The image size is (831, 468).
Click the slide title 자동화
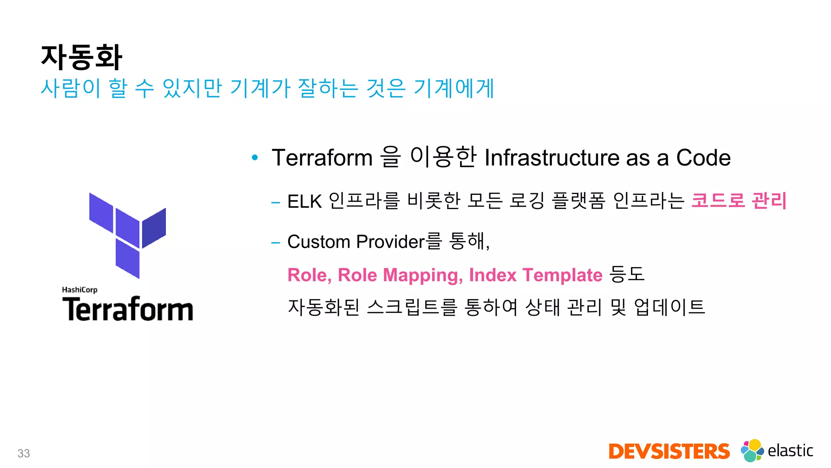pos(81,57)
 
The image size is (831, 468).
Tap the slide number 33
pos(24,453)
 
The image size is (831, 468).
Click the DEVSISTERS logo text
pos(669,452)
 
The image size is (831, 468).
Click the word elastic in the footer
pos(790,451)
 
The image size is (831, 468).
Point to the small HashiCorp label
pos(80,290)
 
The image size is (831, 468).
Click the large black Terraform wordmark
pos(127,309)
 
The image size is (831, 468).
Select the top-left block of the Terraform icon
pos(101,212)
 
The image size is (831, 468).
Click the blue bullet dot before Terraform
pos(255,157)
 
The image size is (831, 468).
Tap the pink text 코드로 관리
pos(738,201)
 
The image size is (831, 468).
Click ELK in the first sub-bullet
pos(304,201)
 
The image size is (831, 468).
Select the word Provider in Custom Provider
pos(390,242)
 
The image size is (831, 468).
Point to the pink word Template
pos(562,275)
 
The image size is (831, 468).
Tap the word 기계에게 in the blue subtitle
pos(454,88)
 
